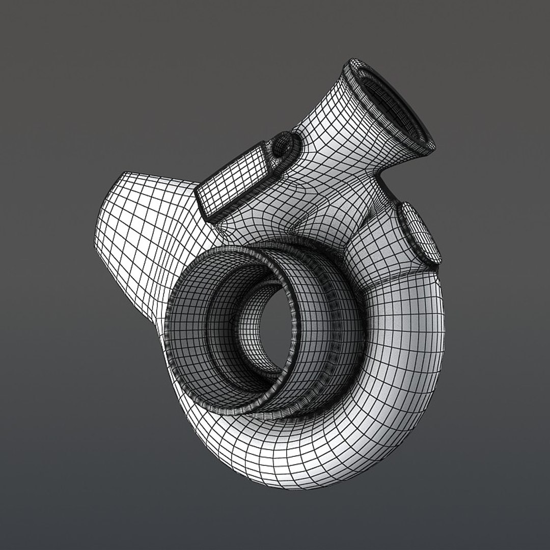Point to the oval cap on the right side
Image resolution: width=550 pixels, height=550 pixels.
(419, 232)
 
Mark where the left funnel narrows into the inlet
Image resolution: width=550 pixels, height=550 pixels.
(168, 285)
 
